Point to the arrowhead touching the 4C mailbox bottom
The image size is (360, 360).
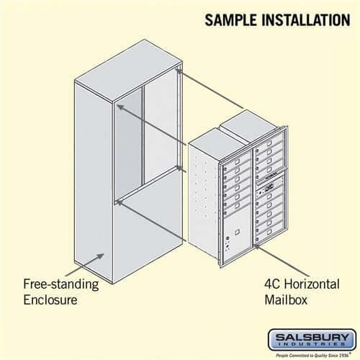tap(257, 247)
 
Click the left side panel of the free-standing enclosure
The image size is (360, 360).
tap(94, 173)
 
